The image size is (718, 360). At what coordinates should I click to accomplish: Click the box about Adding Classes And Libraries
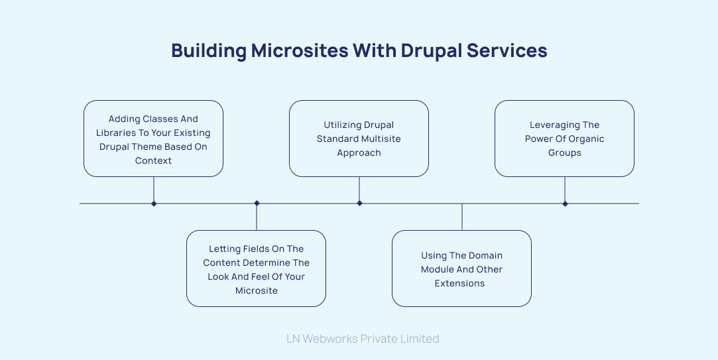pos(153,139)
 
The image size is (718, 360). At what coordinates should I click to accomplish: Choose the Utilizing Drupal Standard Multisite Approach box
pos(359,139)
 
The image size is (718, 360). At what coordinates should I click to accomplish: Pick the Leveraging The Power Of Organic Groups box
pos(564,139)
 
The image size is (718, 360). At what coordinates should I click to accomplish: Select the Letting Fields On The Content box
pos(256,269)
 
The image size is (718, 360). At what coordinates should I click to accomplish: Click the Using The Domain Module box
pos(461,269)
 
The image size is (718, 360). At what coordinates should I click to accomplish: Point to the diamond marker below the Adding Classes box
pos(154,204)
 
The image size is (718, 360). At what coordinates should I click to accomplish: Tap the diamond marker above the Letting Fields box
pos(257,204)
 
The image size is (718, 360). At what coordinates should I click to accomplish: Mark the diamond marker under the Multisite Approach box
pos(359,204)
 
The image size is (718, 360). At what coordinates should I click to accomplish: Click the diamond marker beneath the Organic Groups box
pos(565,204)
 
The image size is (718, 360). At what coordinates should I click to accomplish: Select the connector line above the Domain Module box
pos(462,217)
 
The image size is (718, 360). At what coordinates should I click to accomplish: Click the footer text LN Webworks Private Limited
pos(363,339)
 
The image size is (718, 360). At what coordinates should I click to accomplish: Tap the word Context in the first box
pos(153,160)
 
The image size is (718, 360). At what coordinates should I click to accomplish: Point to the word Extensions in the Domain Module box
pos(459,283)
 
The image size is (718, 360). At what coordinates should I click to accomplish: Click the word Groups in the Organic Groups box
pos(564,152)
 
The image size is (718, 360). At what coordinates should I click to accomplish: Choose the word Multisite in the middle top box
pos(381,139)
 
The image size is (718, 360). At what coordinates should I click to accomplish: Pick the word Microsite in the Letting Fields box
pos(256,290)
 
